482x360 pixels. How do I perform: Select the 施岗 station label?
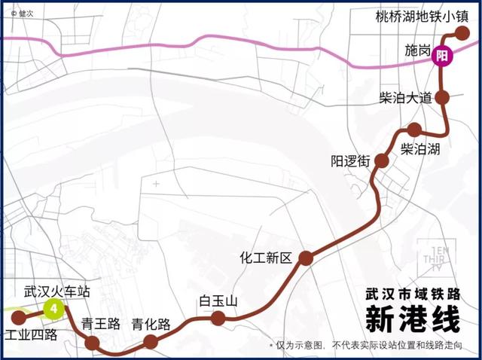pos(417,50)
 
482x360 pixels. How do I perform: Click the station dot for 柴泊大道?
pos(443,97)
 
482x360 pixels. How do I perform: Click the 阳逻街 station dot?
pos(381,160)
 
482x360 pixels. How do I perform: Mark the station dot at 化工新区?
pos(306,258)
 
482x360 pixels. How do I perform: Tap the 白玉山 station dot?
pos(218,319)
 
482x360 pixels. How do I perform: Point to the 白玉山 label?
pos(218,301)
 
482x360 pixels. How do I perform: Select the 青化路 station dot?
pos(151,342)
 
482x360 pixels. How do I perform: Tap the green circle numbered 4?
pos(53,309)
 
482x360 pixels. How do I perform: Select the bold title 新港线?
pos(412,319)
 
